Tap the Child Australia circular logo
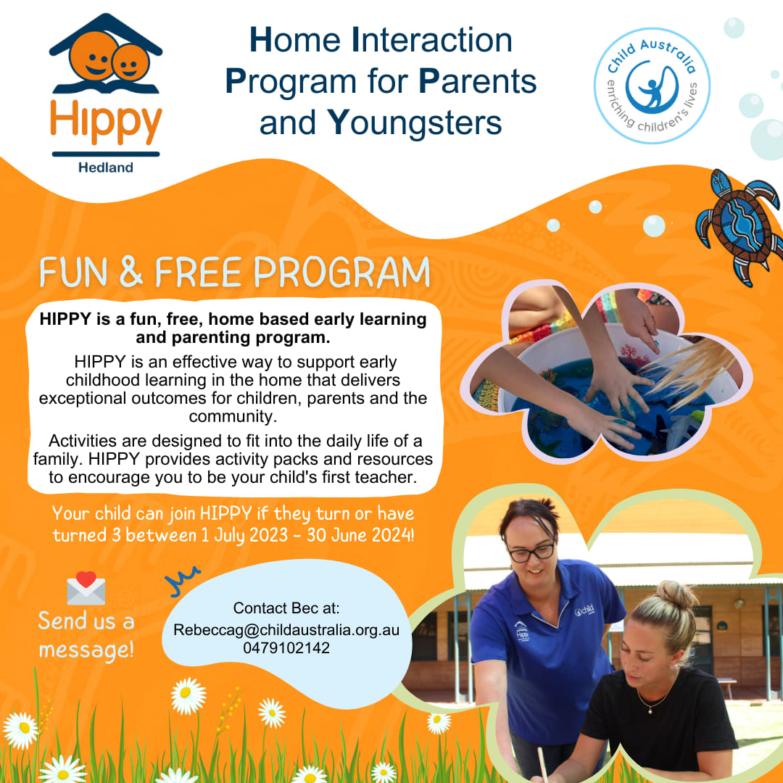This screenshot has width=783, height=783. coord(652,86)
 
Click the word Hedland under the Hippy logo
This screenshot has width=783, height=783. coord(106,167)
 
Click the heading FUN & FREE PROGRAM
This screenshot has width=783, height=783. coord(234,273)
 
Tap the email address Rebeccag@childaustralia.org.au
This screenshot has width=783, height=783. coord(286,630)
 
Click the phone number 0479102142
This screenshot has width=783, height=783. coord(286,648)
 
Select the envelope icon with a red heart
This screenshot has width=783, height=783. coord(86,589)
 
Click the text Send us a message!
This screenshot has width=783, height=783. coord(86,634)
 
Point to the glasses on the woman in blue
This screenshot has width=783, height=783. coord(531,552)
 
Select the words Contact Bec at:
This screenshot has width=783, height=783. coord(286,608)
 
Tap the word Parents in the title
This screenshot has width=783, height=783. coord(478,81)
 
